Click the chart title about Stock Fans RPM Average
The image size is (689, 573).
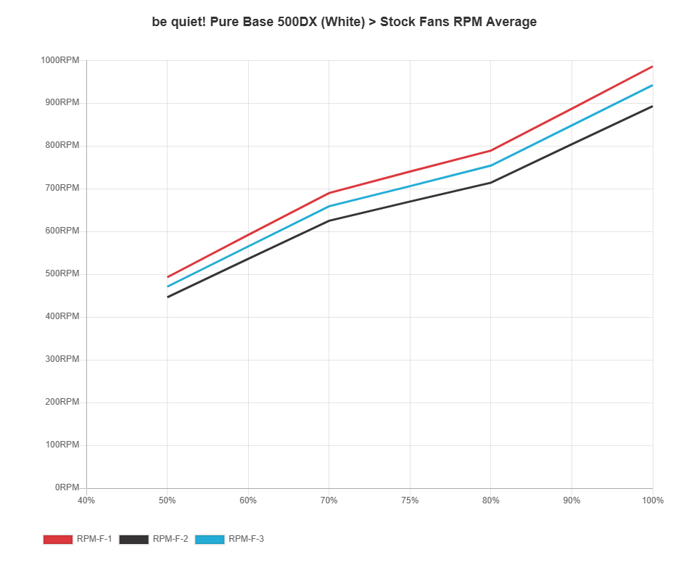[344, 22]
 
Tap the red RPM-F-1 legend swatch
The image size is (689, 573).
[57, 539]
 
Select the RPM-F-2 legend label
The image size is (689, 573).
[170, 539]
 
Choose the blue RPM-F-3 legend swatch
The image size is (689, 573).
[210, 539]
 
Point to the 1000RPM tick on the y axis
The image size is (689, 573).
[60, 59]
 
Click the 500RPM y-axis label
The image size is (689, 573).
[60, 273]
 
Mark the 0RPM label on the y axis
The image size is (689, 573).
[67, 487]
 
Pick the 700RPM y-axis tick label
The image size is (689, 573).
[60, 188]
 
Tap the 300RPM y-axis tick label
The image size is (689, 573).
[60, 358]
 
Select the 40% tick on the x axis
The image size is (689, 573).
[86, 500]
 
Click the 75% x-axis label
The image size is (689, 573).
[410, 500]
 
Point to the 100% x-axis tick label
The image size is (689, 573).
[653, 500]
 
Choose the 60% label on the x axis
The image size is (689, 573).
[248, 500]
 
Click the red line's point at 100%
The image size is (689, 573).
[652, 67]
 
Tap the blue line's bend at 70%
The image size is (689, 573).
[329, 206]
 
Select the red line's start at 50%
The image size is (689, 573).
[168, 277]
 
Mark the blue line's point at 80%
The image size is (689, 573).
[491, 165]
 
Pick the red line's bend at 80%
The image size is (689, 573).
[491, 151]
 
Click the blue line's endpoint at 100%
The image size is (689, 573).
[652, 86]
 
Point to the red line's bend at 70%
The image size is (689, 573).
[329, 193]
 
